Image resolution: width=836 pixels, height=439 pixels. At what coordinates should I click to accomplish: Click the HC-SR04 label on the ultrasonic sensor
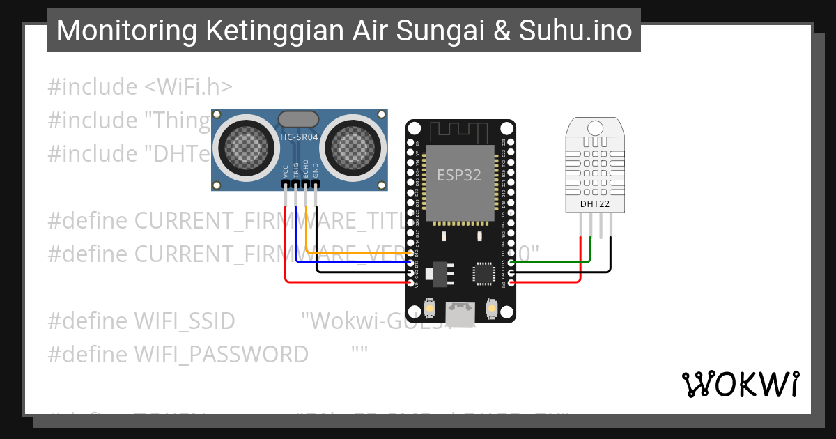coord(299,137)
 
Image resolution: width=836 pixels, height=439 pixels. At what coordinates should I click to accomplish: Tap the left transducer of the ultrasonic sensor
coord(245,147)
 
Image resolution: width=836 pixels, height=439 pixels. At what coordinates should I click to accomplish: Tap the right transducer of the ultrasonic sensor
coord(353,147)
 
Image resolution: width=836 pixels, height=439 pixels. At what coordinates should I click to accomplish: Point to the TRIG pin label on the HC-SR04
coord(296,171)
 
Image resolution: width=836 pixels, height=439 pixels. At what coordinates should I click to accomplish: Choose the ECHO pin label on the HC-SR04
coord(306,171)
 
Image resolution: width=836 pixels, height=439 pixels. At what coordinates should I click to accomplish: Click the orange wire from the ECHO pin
coord(348,253)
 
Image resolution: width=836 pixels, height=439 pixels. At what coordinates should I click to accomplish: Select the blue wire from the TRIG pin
coord(348,263)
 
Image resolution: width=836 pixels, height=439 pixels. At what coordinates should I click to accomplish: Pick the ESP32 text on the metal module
coord(459,176)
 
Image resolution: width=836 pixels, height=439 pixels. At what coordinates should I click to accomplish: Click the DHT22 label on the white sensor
coord(594,204)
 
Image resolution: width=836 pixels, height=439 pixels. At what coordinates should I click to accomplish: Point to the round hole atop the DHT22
coord(595,128)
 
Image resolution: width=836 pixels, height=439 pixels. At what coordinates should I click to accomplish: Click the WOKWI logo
coord(740,384)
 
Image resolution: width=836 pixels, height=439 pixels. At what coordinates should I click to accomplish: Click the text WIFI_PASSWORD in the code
coord(221,355)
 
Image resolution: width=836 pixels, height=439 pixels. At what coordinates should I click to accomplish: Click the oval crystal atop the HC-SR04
coord(299,119)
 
